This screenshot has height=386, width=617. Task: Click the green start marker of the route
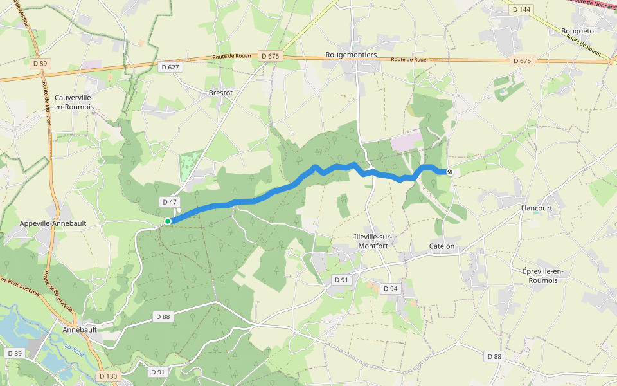(x=168, y=221)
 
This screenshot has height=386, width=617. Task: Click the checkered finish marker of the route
(x=450, y=172)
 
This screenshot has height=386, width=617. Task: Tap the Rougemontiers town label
(x=351, y=55)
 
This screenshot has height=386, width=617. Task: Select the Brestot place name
(x=220, y=93)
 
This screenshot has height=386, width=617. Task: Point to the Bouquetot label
(x=578, y=30)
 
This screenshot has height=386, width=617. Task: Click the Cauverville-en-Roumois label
(x=75, y=102)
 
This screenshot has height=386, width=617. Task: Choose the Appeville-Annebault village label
(x=62, y=223)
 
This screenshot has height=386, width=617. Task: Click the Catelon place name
(x=442, y=246)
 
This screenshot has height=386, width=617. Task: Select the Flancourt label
(x=536, y=208)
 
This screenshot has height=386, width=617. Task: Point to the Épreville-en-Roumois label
(x=543, y=275)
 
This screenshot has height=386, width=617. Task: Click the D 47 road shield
(x=170, y=202)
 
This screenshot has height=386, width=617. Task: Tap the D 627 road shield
(x=171, y=67)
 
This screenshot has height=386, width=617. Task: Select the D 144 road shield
(x=522, y=9)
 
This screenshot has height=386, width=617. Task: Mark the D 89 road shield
(x=40, y=64)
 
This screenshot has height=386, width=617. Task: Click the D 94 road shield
(x=391, y=289)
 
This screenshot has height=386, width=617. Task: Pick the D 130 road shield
(x=109, y=376)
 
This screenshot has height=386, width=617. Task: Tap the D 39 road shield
(x=15, y=354)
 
